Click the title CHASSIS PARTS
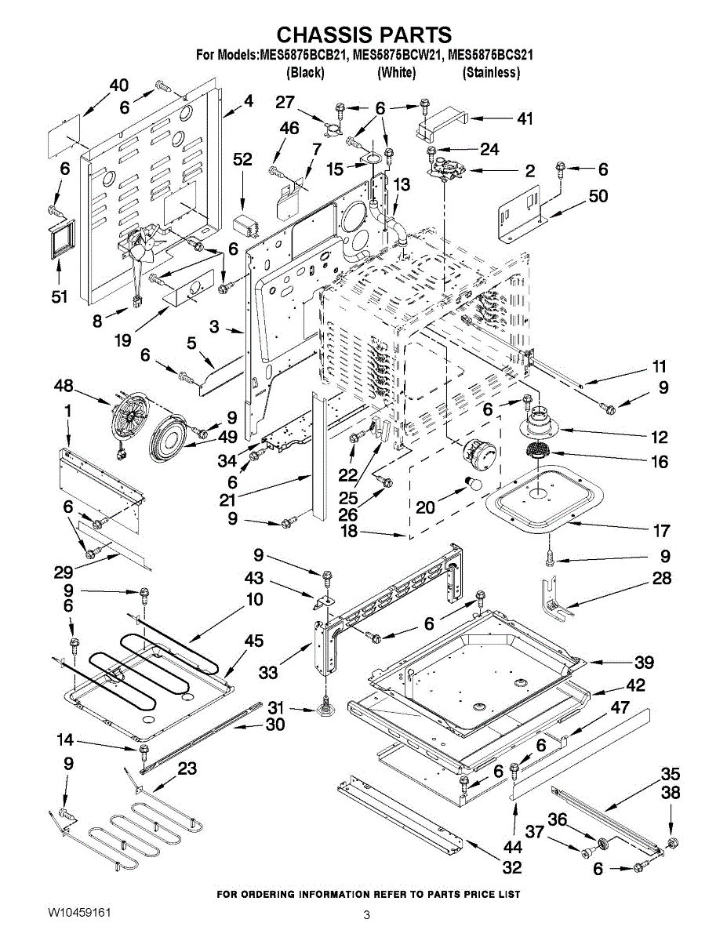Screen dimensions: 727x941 [364, 35]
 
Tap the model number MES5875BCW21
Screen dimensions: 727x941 [397, 56]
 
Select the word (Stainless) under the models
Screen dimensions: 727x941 [491, 72]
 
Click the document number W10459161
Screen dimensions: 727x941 [79, 913]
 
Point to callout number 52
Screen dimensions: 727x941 [242, 159]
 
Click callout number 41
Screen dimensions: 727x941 [525, 118]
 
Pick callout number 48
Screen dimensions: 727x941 [64, 386]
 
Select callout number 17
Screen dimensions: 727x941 [661, 530]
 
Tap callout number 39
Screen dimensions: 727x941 [644, 662]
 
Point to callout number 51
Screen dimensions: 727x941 [60, 296]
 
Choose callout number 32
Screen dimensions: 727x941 [512, 867]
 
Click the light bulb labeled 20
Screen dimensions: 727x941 [474, 484]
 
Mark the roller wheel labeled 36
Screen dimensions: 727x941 [601, 843]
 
